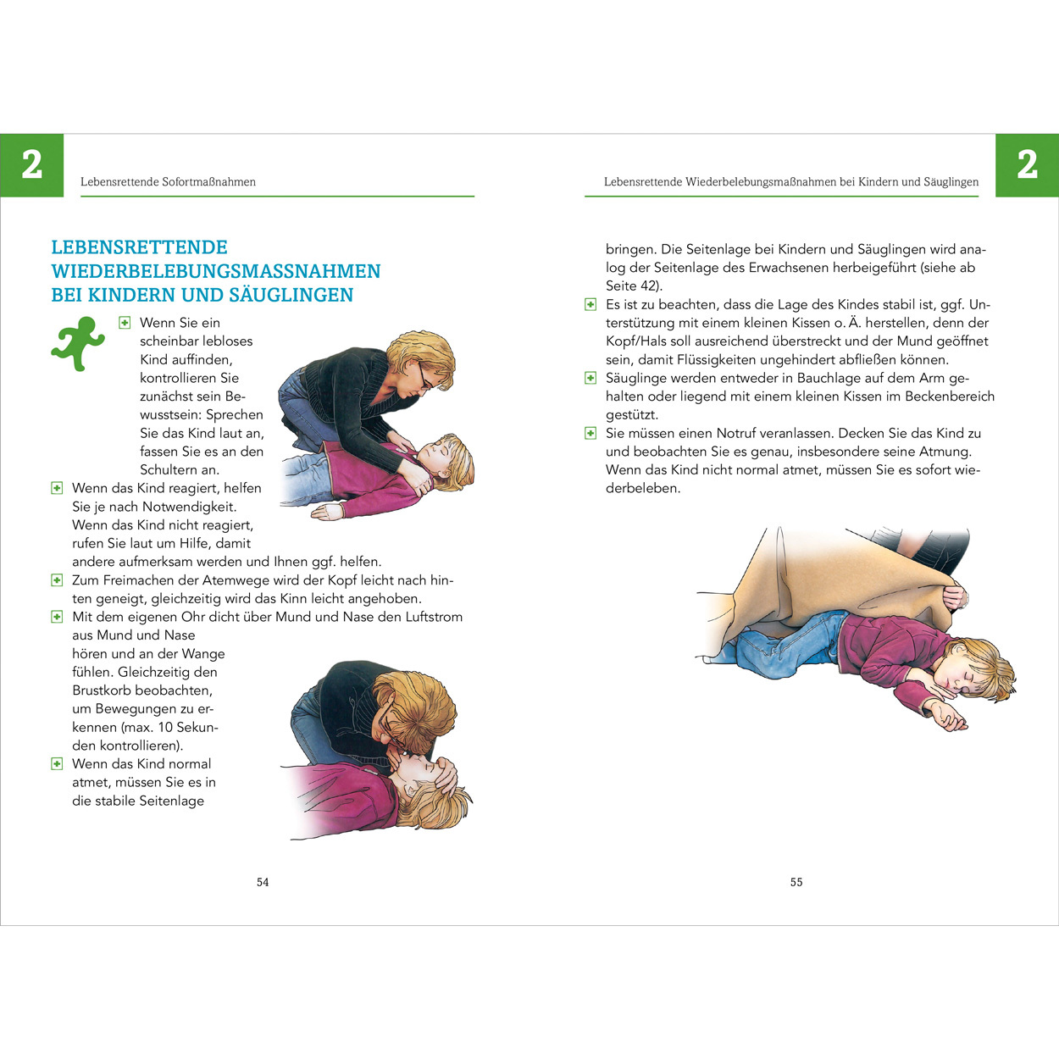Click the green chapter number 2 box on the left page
pyautogui.click(x=31, y=165)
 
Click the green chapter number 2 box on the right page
pyautogui.click(x=1027, y=165)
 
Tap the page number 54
pyautogui.click(x=263, y=882)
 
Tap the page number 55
pyautogui.click(x=796, y=882)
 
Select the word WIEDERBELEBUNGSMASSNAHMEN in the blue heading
pyautogui.click(x=216, y=271)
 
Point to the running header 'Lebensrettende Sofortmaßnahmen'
pyautogui.click(x=168, y=182)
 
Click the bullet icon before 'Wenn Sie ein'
pyautogui.click(x=125, y=323)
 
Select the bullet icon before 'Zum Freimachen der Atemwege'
pyautogui.click(x=57, y=580)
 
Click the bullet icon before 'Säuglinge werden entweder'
pyautogui.click(x=590, y=378)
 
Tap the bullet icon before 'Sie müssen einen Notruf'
pyautogui.click(x=590, y=433)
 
